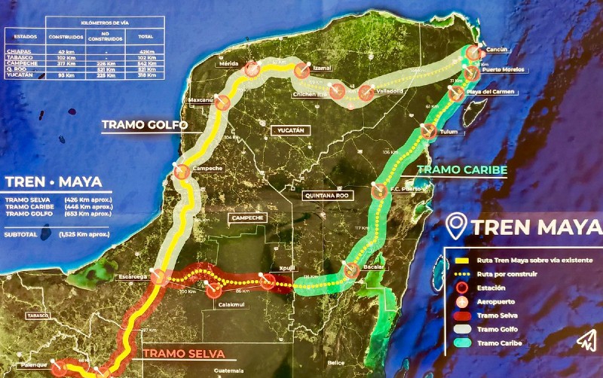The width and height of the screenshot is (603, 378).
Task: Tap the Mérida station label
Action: click(228, 64)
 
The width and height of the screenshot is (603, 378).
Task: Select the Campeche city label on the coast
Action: click(207, 168)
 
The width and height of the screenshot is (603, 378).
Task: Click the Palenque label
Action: click(31, 365)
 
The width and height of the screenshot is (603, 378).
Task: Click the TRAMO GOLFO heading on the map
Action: click(144, 125)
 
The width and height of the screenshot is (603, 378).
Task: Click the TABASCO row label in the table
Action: click(19, 56)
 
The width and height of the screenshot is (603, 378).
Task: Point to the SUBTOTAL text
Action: click(23, 235)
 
